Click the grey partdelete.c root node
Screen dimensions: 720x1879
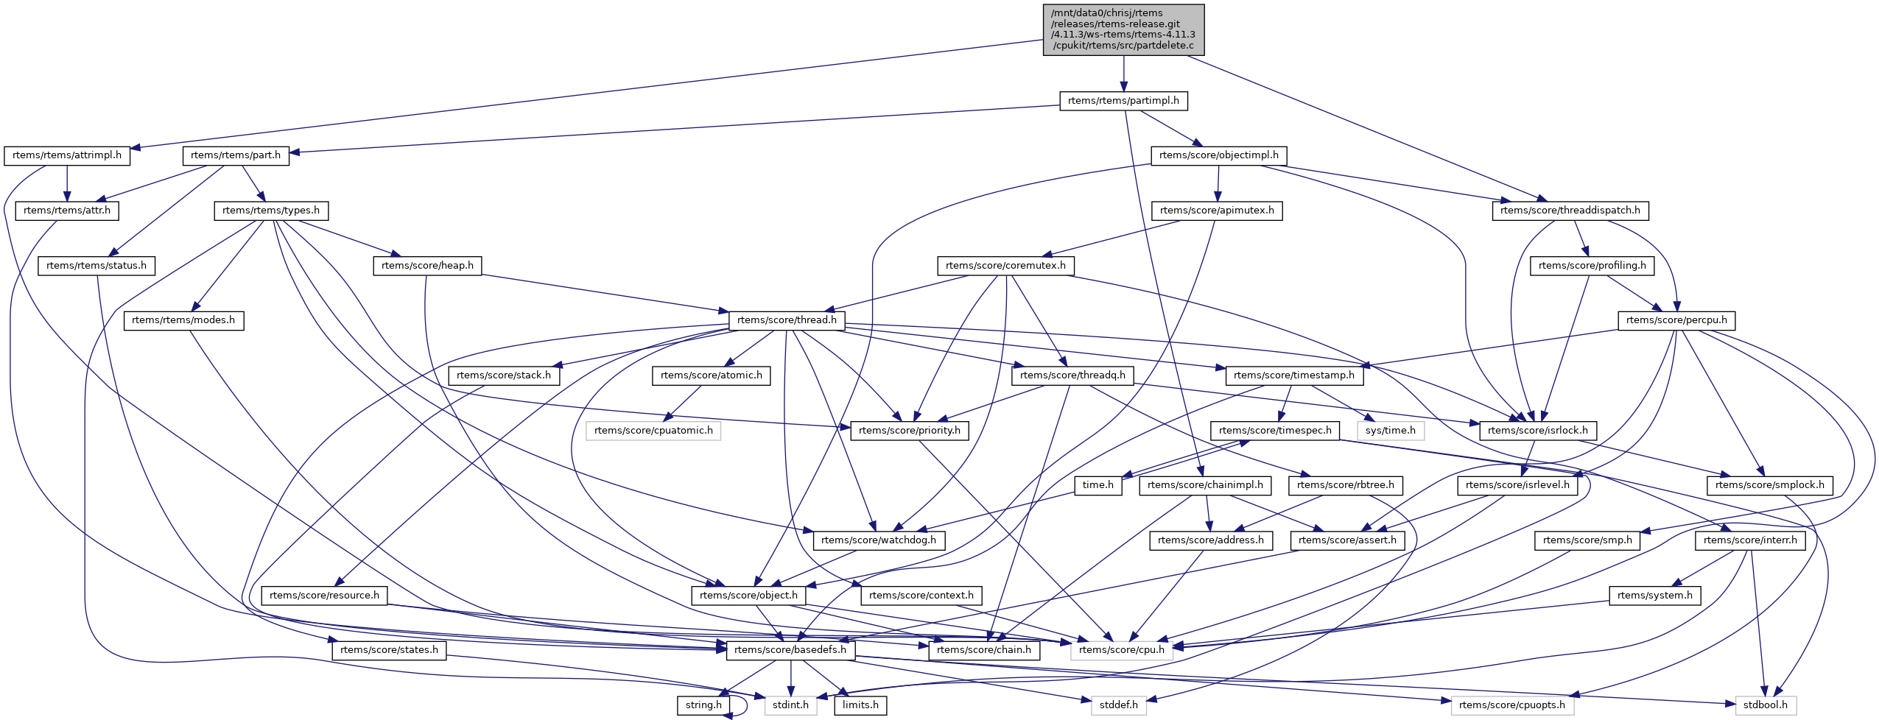(1123, 29)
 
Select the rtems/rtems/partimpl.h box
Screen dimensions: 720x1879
(1123, 101)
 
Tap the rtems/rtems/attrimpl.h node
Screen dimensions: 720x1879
(67, 156)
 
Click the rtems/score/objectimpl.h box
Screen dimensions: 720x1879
(1218, 156)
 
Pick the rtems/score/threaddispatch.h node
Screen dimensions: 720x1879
(1570, 211)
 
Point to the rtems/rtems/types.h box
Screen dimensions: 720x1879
(271, 211)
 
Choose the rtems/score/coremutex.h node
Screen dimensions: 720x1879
(1005, 266)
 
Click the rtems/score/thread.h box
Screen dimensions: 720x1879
(787, 320)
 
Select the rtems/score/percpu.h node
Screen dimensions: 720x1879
(1676, 320)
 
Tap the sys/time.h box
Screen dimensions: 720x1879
(1390, 431)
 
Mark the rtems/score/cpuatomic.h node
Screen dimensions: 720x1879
(653, 431)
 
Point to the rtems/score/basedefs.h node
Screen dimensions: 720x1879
(790, 650)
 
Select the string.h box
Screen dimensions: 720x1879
(703, 705)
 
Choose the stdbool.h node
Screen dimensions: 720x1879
(1765, 705)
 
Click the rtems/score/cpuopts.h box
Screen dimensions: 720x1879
(1512, 705)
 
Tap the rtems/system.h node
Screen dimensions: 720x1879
(1655, 596)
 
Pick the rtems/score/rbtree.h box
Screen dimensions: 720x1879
(1345, 485)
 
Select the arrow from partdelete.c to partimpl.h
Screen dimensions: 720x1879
(1123, 74)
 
